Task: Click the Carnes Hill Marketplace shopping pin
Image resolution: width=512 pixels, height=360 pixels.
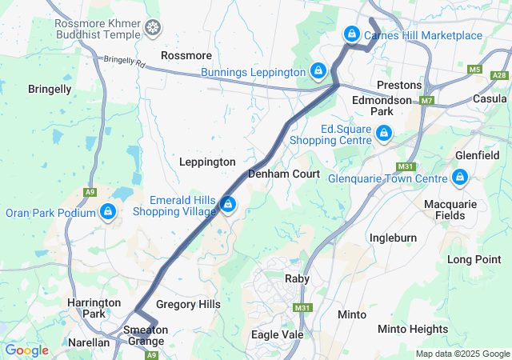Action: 351,34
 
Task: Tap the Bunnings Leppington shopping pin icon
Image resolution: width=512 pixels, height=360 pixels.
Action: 318,71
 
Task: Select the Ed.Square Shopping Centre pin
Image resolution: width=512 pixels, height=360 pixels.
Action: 385,133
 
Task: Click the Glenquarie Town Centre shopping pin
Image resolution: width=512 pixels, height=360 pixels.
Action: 460,178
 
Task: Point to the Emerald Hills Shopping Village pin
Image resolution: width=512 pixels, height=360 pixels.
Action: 229,206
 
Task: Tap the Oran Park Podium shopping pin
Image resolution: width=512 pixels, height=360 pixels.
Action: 107,212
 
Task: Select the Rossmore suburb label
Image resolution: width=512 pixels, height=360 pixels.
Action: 186,56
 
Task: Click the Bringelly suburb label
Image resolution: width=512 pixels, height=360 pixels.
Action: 50,89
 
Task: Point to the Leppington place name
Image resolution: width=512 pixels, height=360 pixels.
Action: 206,162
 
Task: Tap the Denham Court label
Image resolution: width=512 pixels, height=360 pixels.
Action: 284,174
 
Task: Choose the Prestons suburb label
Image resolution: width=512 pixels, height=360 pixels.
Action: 398,85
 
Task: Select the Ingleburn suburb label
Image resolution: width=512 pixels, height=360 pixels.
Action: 393,238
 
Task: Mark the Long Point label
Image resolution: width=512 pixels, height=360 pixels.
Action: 474,259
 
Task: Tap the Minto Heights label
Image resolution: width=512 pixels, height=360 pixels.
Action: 413,329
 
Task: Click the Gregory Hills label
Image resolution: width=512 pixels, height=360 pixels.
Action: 188,305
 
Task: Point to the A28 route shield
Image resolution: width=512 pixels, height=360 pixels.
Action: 500,75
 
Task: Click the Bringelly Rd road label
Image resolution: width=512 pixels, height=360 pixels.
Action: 120,61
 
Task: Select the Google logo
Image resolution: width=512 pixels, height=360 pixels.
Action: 26,350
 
